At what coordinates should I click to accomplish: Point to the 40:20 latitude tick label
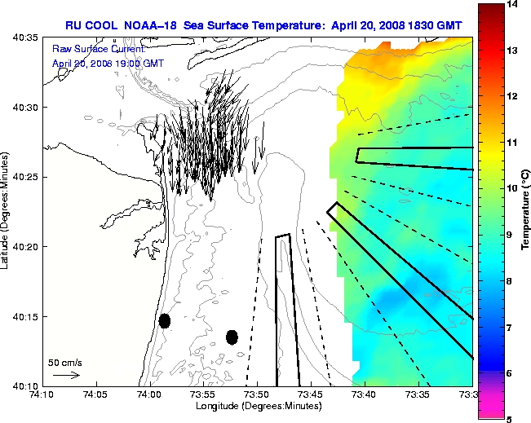(27, 246)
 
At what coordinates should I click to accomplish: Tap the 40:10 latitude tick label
(27, 385)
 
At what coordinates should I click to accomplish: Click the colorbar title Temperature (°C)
(526, 212)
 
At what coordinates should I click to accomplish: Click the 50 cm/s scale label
(64, 362)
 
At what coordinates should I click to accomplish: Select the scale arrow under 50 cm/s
(65, 375)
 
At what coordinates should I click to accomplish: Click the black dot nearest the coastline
(165, 320)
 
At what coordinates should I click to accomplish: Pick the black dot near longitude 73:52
(232, 337)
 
